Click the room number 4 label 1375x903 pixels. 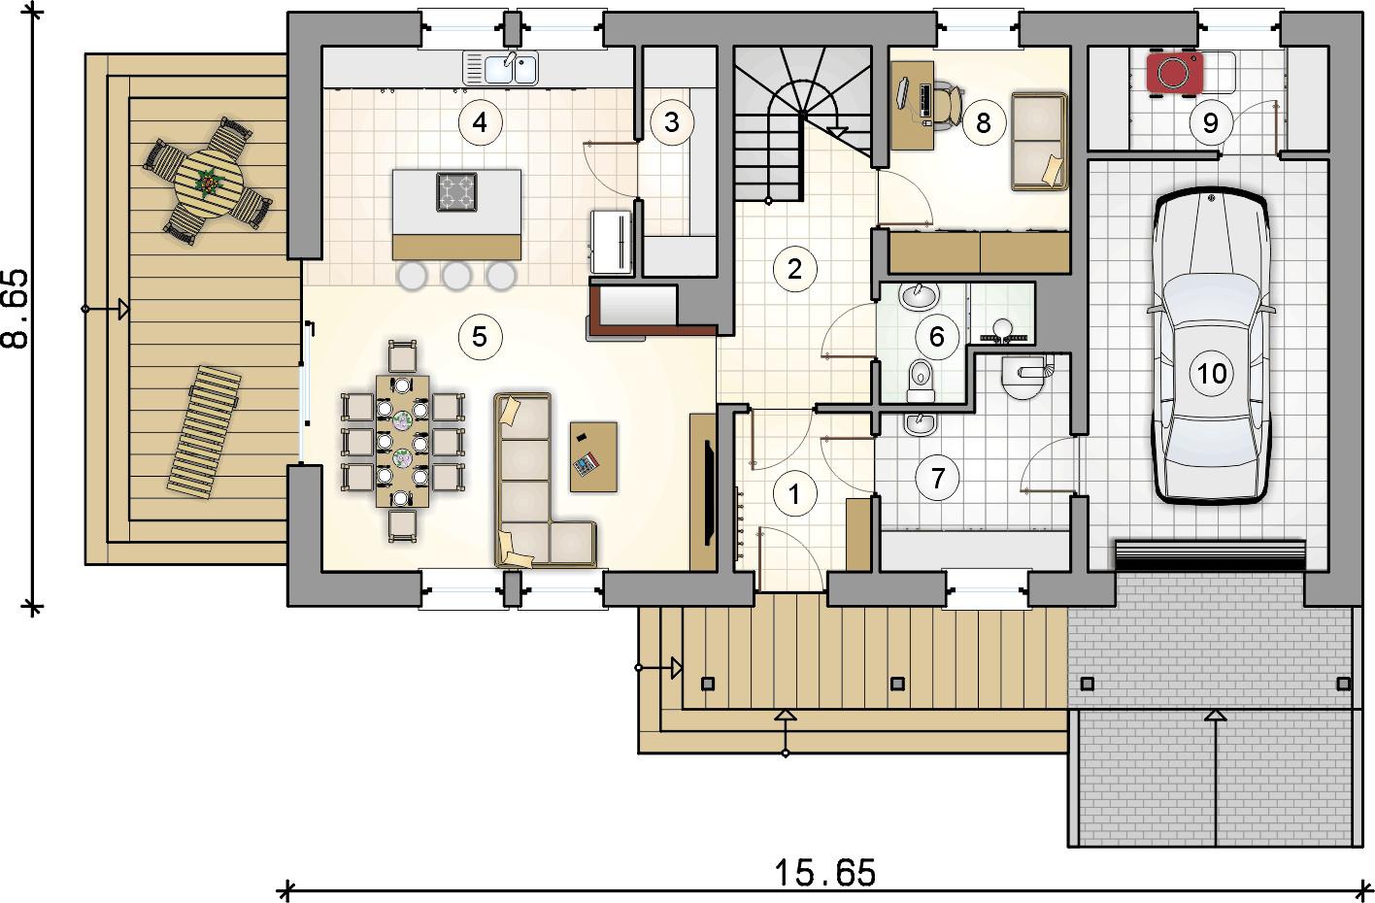coord(480,122)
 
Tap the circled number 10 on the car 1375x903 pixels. coord(1212,373)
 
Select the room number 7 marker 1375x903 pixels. coord(937,479)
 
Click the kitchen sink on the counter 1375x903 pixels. coord(500,68)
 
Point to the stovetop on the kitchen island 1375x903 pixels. coord(456,192)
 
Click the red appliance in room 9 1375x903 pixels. coord(1174,73)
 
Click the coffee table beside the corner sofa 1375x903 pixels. coord(593,456)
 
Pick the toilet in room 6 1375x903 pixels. coord(921,380)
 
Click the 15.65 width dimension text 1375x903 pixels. coord(824,873)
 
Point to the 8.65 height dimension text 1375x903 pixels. coord(16,309)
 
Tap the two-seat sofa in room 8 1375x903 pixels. coord(1039,141)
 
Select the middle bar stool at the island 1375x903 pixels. coord(456,277)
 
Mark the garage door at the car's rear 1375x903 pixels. coord(1209,555)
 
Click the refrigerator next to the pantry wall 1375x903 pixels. coord(612,241)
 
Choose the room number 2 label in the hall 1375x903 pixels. coord(794,269)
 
